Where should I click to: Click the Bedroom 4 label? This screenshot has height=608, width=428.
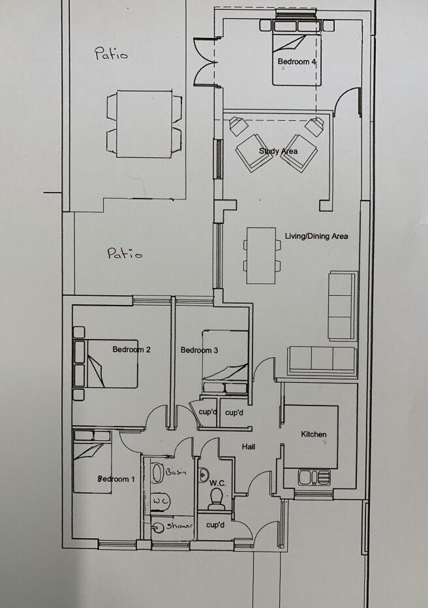[297, 61]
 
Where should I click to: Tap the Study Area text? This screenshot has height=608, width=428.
[278, 152]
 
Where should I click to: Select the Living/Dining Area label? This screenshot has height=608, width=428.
[316, 236]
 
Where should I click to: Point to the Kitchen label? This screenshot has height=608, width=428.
[314, 434]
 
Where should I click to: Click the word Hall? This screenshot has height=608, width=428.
[249, 447]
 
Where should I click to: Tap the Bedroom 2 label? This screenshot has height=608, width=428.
[131, 349]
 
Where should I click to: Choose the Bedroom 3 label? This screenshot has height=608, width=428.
[199, 350]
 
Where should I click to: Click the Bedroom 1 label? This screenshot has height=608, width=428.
[116, 479]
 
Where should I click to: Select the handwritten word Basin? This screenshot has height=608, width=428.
[176, 472]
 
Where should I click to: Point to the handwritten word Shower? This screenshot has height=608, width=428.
[179, 526]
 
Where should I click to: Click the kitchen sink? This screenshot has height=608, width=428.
[314, 477]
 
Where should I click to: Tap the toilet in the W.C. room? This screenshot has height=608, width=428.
[215, 498]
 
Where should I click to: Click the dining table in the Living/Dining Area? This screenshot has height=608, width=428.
[262, 255]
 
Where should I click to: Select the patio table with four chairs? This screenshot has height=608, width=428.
[144, 123]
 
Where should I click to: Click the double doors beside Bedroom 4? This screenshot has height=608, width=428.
[204, 61]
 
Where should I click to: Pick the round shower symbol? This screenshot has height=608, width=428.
[158, 528]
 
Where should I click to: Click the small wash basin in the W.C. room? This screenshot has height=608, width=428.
[204, 475]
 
